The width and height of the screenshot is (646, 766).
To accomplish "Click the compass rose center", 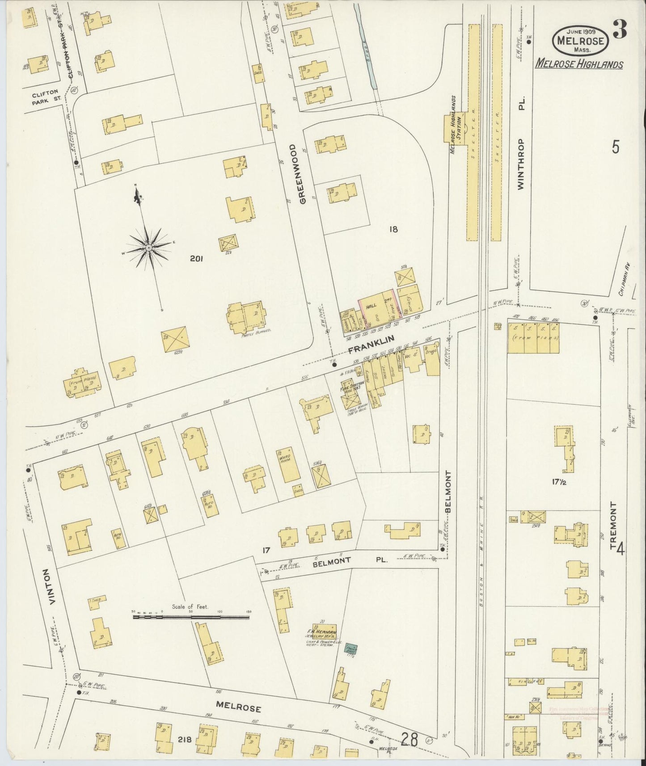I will click(x=148, y=247).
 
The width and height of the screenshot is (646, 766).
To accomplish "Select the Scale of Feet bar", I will click(x=191, y=618).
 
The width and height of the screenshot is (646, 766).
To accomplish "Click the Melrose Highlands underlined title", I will click(x=579, y=64).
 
